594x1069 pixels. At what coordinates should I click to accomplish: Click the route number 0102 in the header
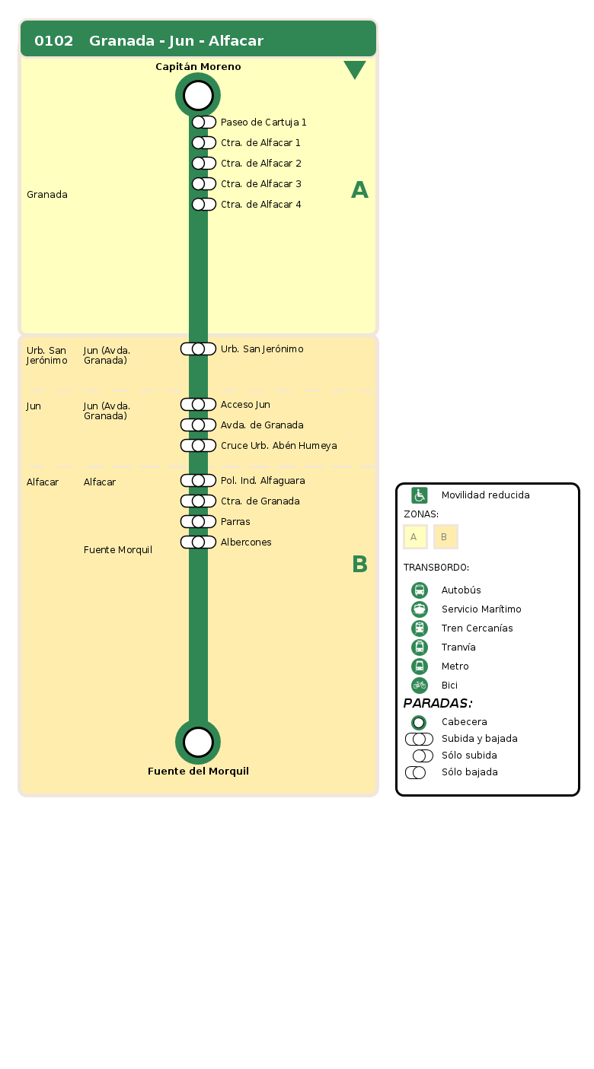tap(54, 41)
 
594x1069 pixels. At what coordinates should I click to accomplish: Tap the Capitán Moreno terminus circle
tap(198, 95)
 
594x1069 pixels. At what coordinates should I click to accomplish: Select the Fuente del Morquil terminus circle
tap(198, 742)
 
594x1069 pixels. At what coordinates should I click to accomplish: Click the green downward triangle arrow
tap(355, 69)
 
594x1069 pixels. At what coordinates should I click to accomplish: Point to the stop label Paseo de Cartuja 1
tap(263, 122)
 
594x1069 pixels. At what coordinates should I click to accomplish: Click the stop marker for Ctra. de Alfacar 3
tap(203, 184)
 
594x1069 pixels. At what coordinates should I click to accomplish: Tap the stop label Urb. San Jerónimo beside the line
tap(262, 349)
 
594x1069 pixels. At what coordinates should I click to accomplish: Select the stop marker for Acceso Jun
tap(198, 405)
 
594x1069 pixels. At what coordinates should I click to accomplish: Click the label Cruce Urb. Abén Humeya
tap(279, 446)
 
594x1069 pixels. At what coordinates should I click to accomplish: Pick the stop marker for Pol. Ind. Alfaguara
tap(198, 481)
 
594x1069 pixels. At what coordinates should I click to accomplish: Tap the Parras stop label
tap(235, 522)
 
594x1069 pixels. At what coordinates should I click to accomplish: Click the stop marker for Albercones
tap(198, 542)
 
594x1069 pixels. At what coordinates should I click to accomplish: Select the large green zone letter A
tap(359, 190)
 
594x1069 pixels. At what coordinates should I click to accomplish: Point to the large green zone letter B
tap(359, 565)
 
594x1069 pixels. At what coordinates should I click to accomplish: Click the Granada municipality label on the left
tap(47, 195)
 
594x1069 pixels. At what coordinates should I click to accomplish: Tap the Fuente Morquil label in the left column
tap(118, 550)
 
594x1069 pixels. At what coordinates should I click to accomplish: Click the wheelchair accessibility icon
tap(420, 495)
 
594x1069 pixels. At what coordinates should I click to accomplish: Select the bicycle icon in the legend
tap(420, 686)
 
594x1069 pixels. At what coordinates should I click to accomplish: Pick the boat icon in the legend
tap(420, 609)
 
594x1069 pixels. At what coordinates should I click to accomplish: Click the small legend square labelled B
tap(445, 537)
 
